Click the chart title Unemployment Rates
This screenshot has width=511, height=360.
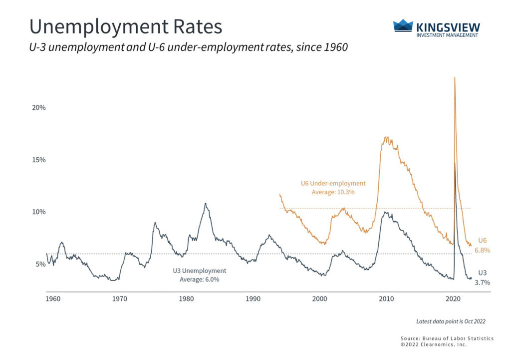coord(125,27)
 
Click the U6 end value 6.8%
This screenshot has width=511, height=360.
coord(482,250)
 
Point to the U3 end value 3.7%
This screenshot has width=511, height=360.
coord(482,283)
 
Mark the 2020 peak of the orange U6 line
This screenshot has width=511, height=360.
coord(455,78)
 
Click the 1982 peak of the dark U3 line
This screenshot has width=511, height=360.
coord(205,203)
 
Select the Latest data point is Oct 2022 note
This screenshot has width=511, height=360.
coord(447,321)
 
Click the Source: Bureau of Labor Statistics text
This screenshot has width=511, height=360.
coord(447,339)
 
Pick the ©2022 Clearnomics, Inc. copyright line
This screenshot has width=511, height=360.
coord(433,345)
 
